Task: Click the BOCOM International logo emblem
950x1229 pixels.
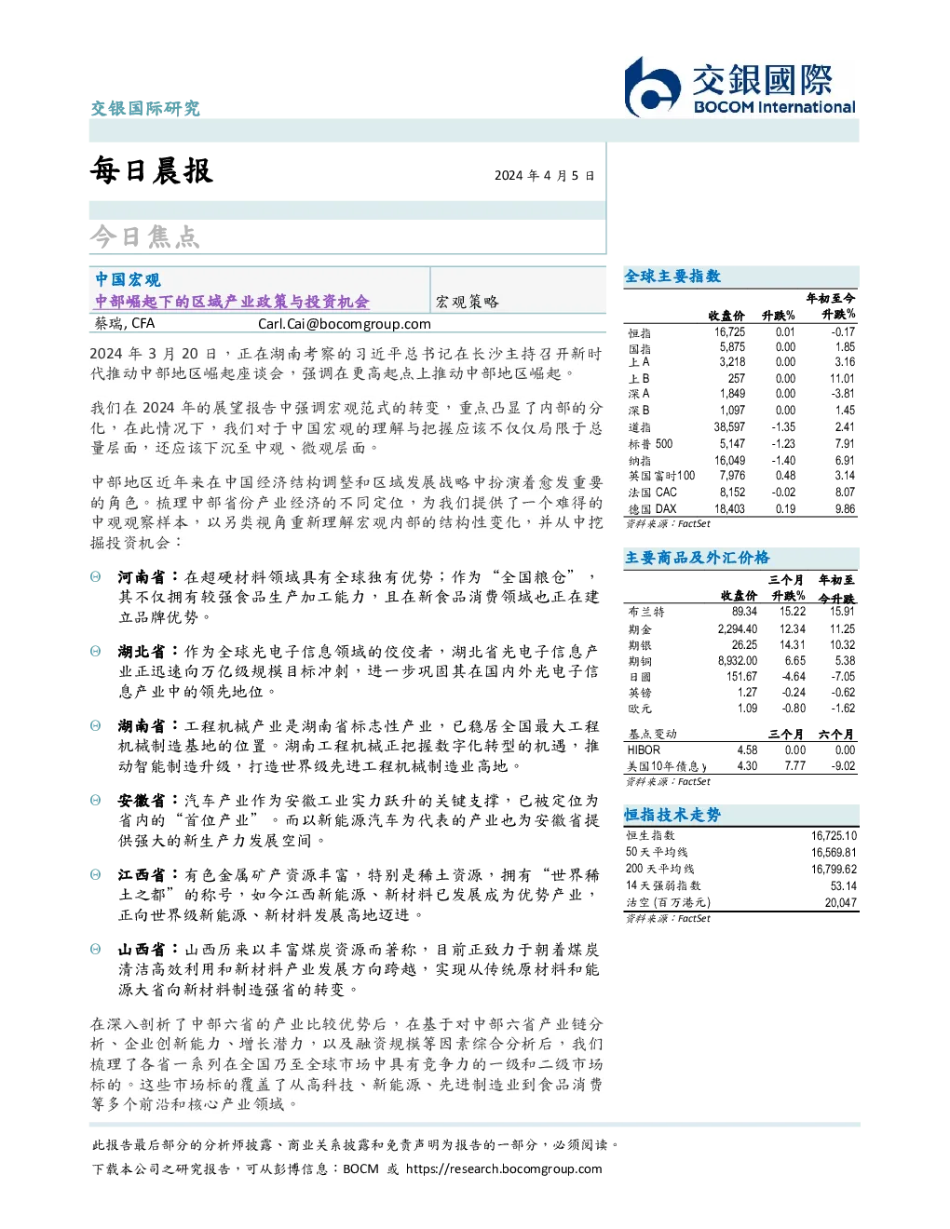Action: click(652, 87)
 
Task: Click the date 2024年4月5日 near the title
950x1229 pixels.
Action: click(544, 175)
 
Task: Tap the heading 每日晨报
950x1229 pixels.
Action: click(152, 170)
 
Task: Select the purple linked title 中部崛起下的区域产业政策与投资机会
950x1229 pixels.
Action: click(232, 302)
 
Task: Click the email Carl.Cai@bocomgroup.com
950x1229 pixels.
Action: click(344, 324)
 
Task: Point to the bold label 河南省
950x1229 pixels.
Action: click(142, 577)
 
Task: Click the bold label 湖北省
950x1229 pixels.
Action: click(142, 652)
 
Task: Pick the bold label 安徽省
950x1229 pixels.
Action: click(142, 801)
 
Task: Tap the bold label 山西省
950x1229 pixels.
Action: click(142, 950)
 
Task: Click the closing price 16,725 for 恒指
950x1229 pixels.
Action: click(729, 332)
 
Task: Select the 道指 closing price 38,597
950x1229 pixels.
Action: click(729, 427)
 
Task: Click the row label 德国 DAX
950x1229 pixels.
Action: click(652, 509)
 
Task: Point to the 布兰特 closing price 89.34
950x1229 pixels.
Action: click(744, 612)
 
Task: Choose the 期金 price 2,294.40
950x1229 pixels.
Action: click(738, 628)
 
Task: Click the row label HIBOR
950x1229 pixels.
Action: click(644, 750)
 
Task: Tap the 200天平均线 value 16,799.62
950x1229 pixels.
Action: click(834, 869)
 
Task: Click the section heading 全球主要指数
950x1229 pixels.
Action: click(672, 277)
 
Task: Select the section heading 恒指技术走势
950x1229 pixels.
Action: click(672, 815)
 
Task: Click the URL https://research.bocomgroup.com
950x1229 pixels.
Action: click(504, 1169)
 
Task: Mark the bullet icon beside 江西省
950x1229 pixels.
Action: click(96, 875)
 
